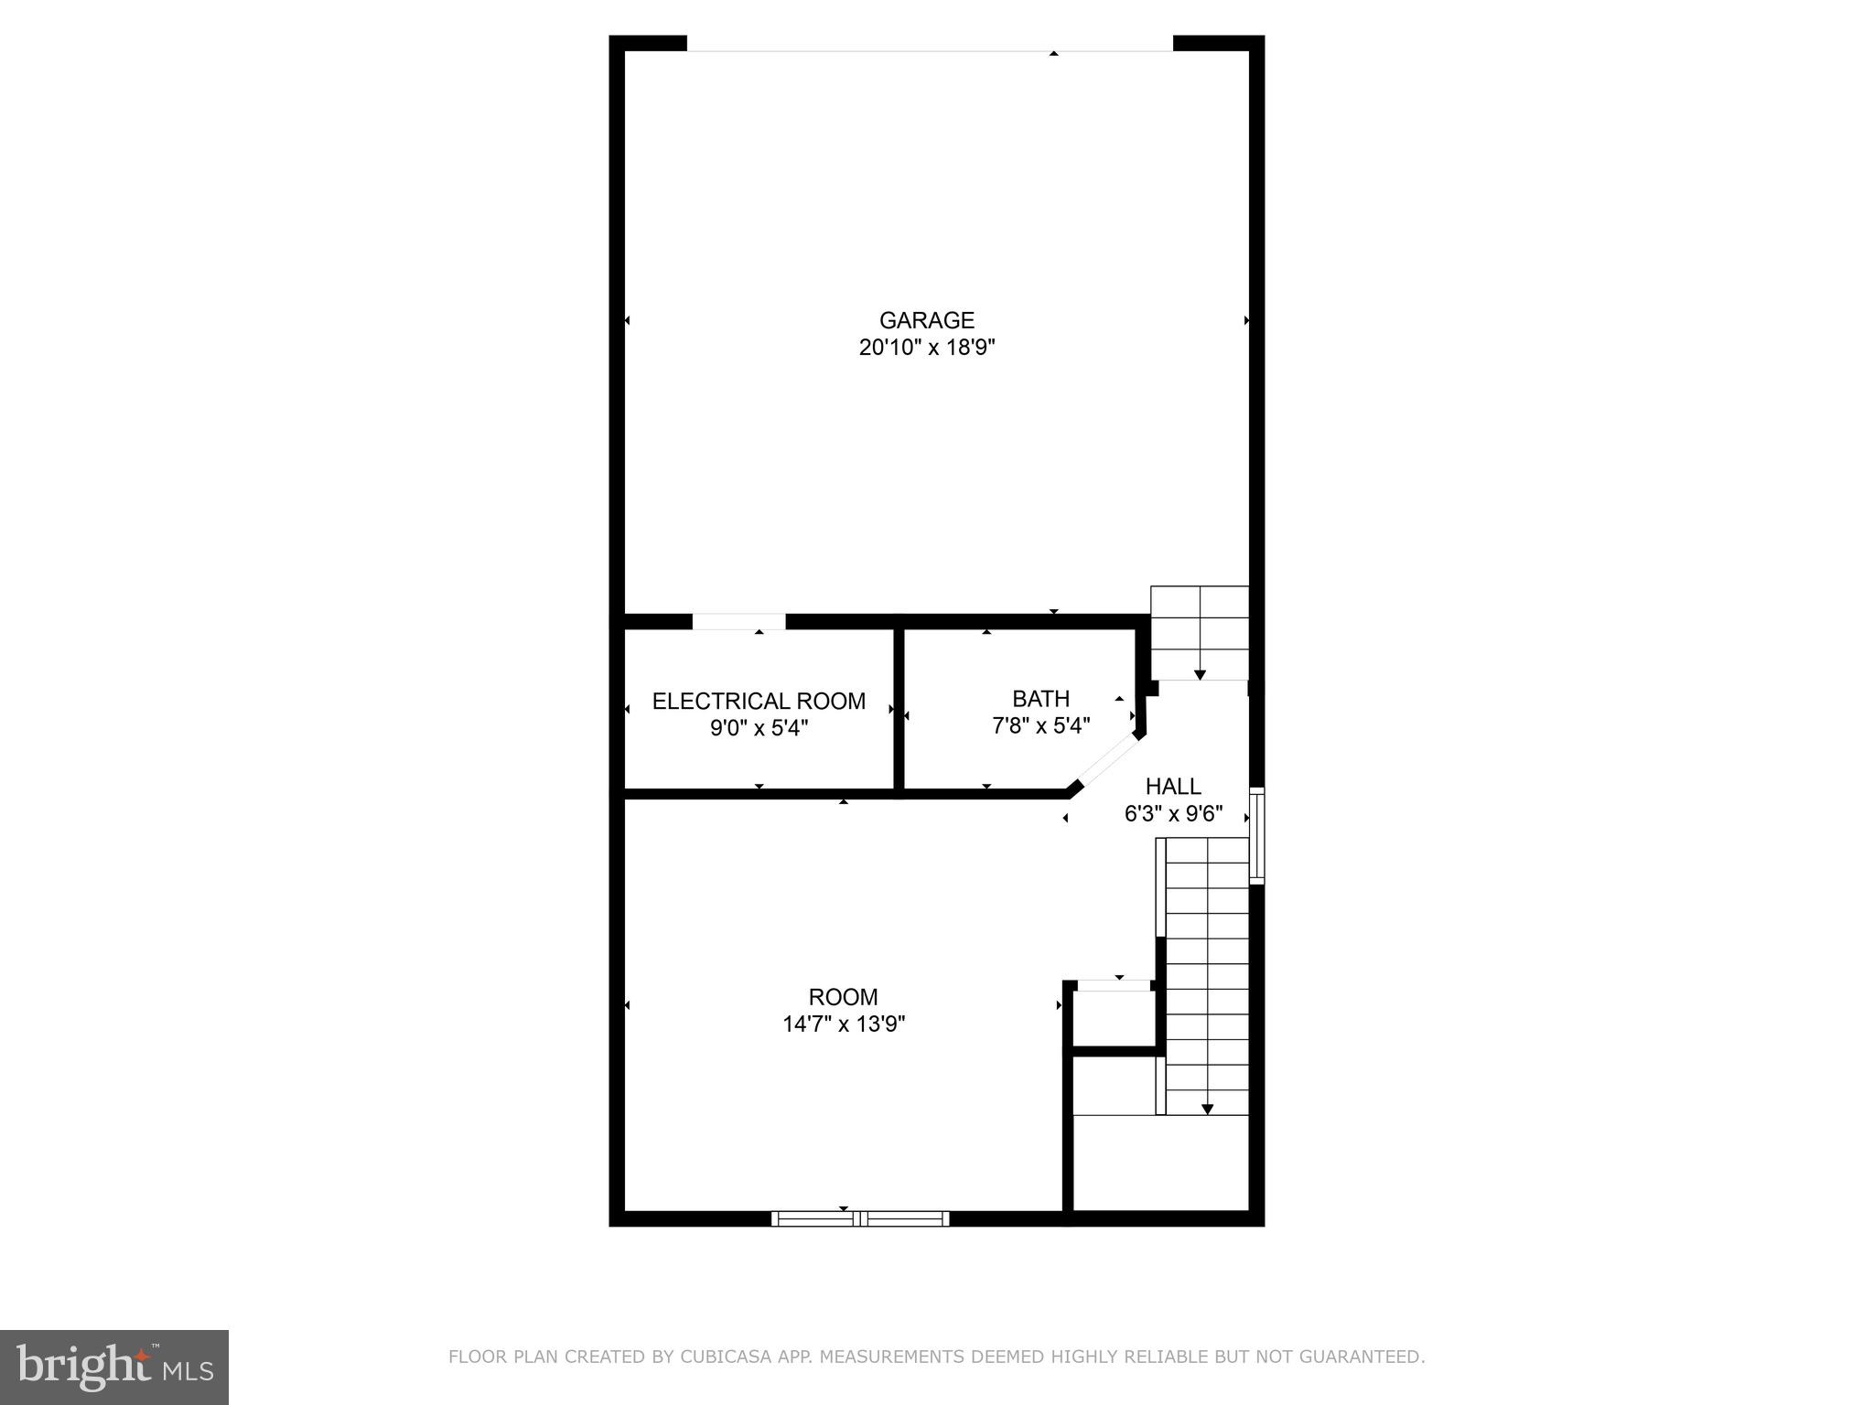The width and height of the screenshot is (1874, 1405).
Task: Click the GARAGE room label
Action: (926, 320)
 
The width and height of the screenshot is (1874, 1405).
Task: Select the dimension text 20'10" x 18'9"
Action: (926, 348)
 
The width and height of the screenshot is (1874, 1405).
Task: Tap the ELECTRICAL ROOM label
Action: (759, 701)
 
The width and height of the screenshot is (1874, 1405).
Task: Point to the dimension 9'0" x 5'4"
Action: (759, 728)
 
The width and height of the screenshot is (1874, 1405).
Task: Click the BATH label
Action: (1040, 699)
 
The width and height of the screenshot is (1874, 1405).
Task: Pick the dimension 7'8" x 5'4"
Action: (1040, 726)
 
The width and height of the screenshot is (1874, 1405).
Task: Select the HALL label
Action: (1173, 786)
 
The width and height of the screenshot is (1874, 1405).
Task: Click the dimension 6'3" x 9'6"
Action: (1173, 813)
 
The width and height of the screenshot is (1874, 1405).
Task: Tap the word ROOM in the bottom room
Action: (843, 996)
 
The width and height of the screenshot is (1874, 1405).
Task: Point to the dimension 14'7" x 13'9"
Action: (843, 1024)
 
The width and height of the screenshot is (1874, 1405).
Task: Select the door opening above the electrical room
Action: (738, 622)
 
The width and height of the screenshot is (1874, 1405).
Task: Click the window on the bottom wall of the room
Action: (860, 1218)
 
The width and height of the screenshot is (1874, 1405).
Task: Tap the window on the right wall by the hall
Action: (1256, 835)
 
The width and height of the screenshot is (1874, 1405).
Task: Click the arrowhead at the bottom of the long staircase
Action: (1207, 1109)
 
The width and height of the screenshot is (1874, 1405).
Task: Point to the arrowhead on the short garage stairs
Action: (1200, 674)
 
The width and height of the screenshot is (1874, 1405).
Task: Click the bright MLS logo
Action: (113, 1367)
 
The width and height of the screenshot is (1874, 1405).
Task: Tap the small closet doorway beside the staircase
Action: (1114, 985)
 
